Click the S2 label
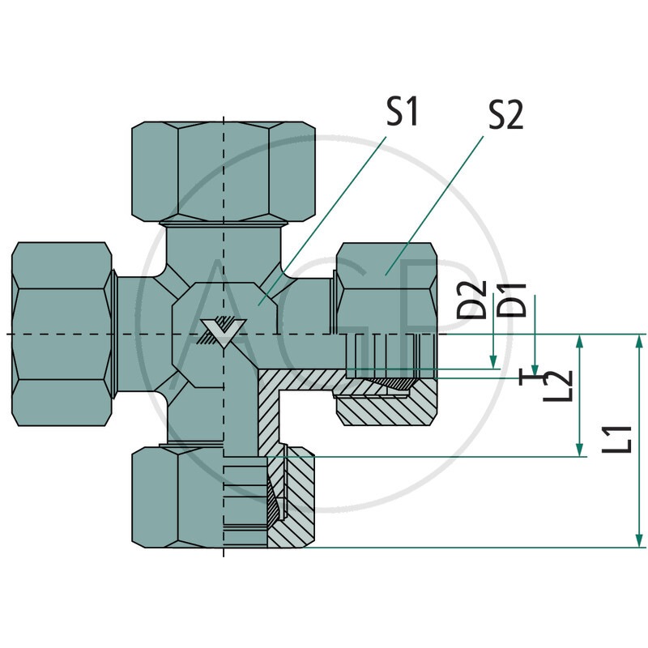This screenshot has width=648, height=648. (x=505, y=117)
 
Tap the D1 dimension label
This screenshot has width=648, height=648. (x=516, y=299)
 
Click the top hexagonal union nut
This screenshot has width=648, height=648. (x=223, y=170)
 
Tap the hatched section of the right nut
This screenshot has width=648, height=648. (x=381, y=409)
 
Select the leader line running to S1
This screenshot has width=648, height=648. (x=324, y=219)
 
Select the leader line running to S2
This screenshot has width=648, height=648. (x=437, y=202)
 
